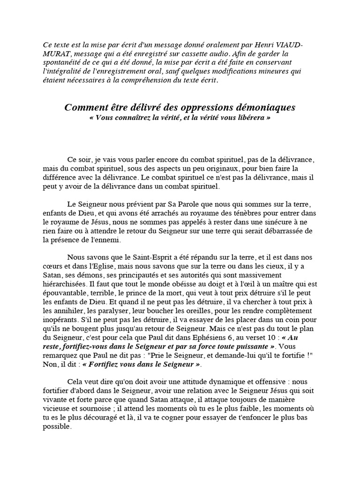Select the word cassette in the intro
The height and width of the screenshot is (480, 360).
pyautogui.click(x=209, y=54)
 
